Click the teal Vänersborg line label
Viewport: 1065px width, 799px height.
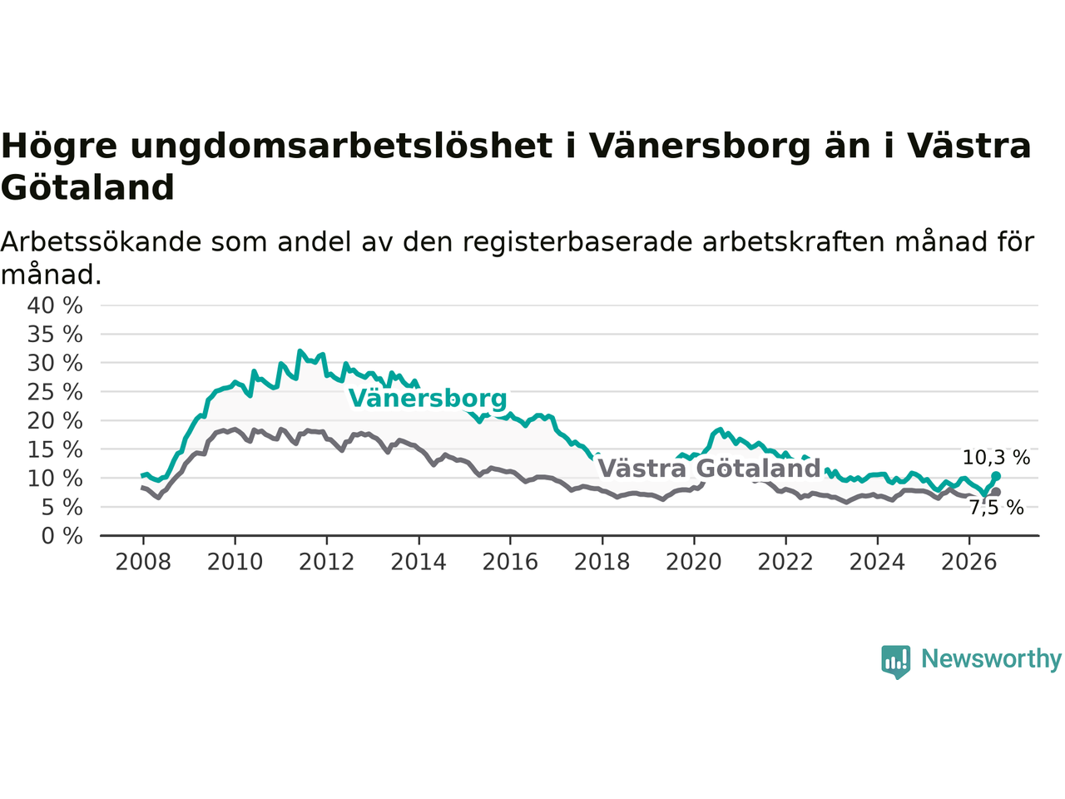(428, 399)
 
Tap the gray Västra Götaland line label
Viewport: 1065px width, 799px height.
(709, 469)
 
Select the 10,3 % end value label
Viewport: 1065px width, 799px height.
(996, 458)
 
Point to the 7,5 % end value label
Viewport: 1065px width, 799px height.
(997, 508)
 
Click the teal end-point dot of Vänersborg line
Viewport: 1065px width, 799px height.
(996, 476)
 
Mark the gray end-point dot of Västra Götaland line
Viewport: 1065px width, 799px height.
(996, 492)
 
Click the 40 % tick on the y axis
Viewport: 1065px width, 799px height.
(55, 305)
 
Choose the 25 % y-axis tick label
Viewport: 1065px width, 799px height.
(55, 392)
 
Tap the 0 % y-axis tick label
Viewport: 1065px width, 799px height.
(62, 536)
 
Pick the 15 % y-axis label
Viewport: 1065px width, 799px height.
(55, 449)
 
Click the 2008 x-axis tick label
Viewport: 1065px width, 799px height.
(143, 562)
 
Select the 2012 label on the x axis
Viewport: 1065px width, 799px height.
(326, 562)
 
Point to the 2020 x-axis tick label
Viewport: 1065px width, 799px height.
(694, 562)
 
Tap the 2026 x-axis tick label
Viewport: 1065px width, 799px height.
(969, 562)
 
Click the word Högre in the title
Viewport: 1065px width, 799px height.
(59, 146)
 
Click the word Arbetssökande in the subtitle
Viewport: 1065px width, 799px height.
(101, 241)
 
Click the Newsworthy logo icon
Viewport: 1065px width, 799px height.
(895, 662)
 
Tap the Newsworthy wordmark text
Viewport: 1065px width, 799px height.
(991, 659)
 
